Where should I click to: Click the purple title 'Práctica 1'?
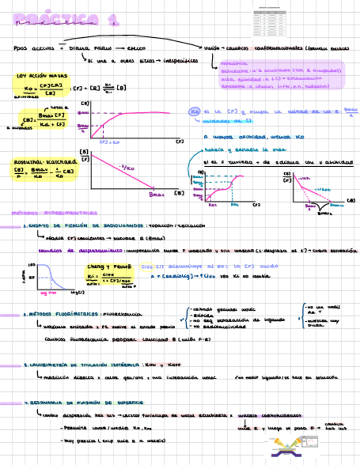coord(66,21)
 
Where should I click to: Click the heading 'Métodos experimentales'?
coord(54,212)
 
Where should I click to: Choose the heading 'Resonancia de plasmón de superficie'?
coord(83,402)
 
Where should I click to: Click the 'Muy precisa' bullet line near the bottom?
coord(115,440)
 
